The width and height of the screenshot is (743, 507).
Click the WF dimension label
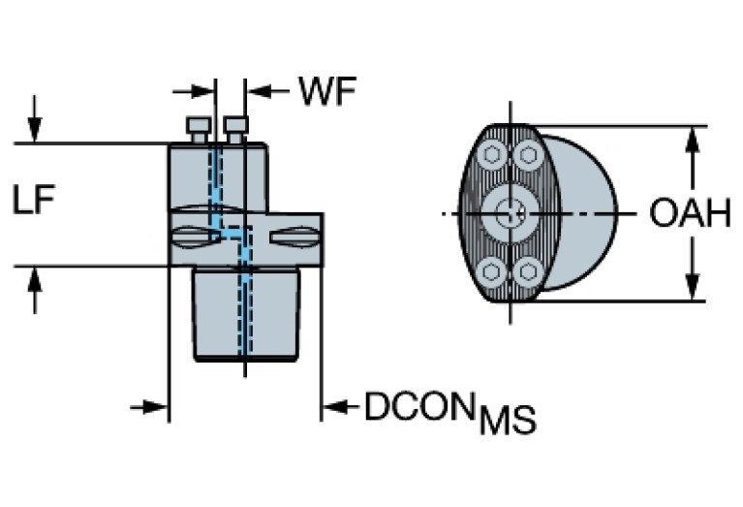pos(326,92)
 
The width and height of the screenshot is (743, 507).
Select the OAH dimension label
pos(689,213)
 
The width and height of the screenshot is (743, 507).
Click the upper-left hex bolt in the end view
pos(492,155)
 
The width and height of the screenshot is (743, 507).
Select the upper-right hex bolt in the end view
pos(527,154)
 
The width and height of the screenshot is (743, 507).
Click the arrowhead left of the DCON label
pos(331,407)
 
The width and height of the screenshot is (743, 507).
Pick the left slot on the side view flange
pos(197,236)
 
